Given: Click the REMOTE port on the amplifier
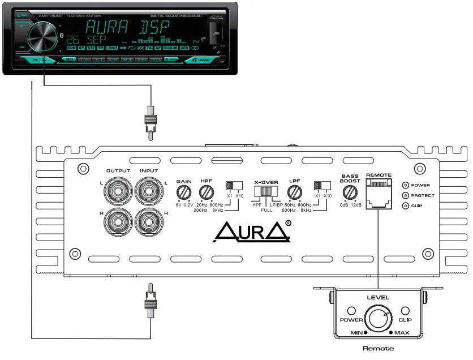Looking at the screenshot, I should [379, 195].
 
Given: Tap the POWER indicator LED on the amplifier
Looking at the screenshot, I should [405, 185].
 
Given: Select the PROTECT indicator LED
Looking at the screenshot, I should [405, 195].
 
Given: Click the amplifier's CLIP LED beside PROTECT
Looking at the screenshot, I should [405, 205].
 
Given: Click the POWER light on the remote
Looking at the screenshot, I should [351, 311].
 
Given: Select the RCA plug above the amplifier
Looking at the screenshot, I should [150, 121].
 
